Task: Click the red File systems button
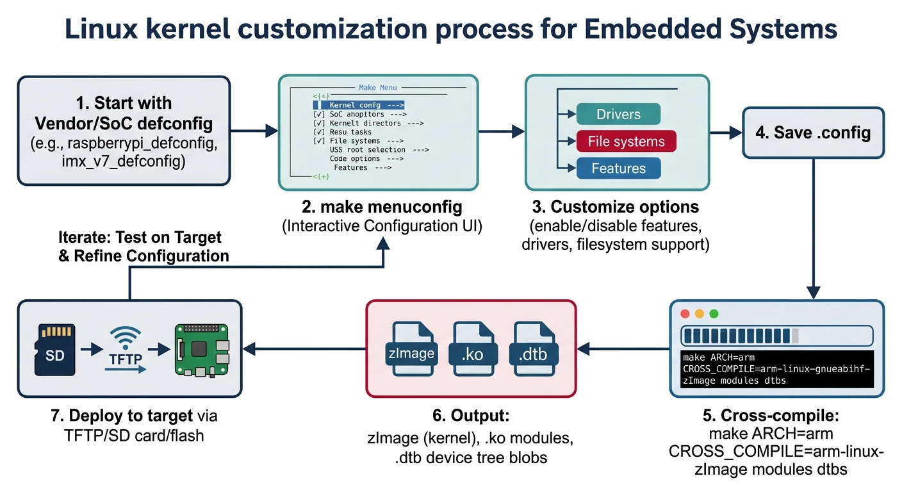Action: pyautogui.click(x=627, y=142)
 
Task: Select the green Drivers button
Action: pyautogui.click(x=618, y=115)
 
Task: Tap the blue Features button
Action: pyautogui.click(x=618, y=168)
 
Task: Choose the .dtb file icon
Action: pyautogui.click(x=534, y=353)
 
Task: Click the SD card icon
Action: pyautogui.click(x=55, y=349)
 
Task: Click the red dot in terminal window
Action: pyautogui.click(x=684, y=314)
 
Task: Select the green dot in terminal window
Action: pyautogui.click(x=714, y=314)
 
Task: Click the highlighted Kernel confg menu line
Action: pyautogui.click(x=359, y=104)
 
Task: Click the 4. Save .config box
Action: pyautogui.click(x=813, y=133)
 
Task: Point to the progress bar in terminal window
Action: pyautogui.click(x=777, y=336)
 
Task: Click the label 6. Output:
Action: pyautogui.click(x=471, y=416)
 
